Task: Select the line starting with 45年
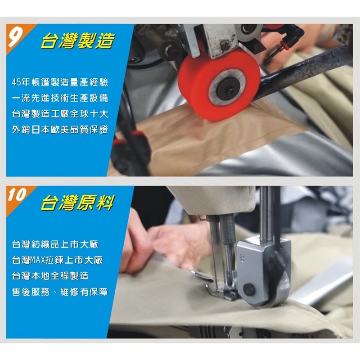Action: tap(60, 82)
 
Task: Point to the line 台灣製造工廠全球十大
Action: tap(60, 114)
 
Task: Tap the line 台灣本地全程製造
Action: tap(49, 275)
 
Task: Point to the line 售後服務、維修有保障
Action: tap(60, 292)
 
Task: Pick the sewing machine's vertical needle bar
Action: tap(267, 211)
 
